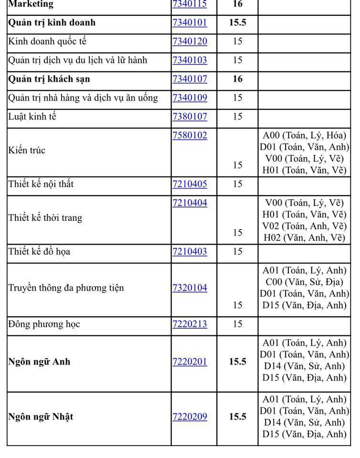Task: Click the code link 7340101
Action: point(190,23)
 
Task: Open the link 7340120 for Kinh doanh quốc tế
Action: point(190,42)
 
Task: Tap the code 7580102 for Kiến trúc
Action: point(190,135)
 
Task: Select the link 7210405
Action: point(190,184)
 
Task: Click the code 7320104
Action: point(190,288)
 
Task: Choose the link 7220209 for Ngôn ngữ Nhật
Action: point(190,417)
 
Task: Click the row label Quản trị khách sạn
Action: point(49,79)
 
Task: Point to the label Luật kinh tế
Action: point(32,116)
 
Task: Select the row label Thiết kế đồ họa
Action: point(39,251)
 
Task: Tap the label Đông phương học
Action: point(44,324)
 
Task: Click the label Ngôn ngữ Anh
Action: point(39,362)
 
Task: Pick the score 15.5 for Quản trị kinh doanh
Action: point(237,23)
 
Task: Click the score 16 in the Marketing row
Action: point(237,4)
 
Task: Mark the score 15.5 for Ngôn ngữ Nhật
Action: point(237,417)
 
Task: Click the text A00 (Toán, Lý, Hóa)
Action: point(304,135)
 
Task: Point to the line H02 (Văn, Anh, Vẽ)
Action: point(304,238)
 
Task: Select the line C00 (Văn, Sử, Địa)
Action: point(304,282)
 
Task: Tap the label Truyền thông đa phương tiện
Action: point(66,288)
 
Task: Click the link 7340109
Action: point(190,98)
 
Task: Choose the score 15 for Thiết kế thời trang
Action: point(237,233)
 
